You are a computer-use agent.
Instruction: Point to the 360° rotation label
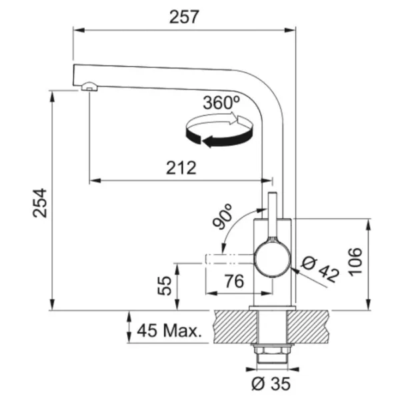(x=221, y=103)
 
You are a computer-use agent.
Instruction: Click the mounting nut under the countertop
(x=271, y=351)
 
